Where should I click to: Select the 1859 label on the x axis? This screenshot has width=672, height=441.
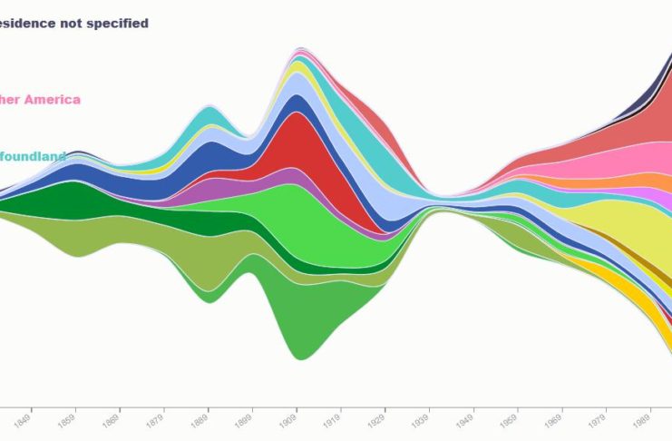(x=66, y=419)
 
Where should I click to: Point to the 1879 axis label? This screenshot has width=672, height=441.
(x=155, y=419)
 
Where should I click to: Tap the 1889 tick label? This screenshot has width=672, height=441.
(x=200, y=419)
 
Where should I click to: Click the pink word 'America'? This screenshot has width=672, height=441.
(x=52, y=99)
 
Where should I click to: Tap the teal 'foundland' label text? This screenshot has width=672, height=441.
(x=33, y=156)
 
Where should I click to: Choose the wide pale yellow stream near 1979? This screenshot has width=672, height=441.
(x=617, y=227)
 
